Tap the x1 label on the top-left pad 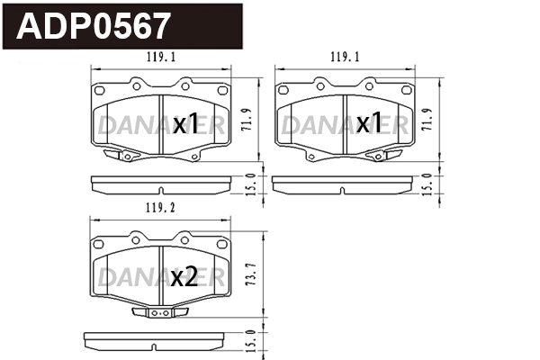tap(185, 124)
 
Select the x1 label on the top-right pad tap(369, 124)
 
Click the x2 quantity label tap(184, 277)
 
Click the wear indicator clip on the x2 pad tap(158, 313)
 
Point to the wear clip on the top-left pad tap(118, 157)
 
